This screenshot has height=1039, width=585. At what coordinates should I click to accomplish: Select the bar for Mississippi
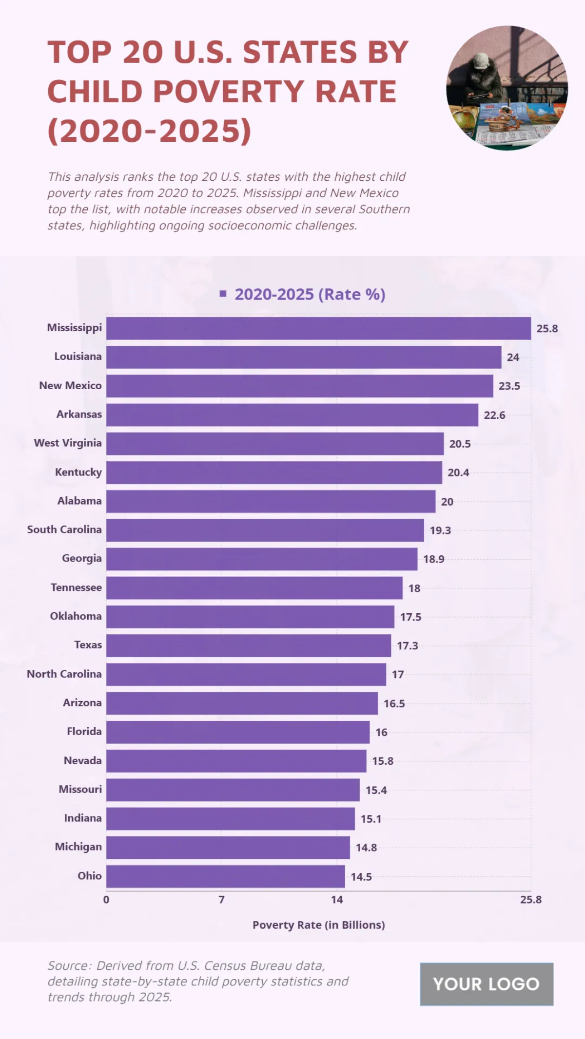318,328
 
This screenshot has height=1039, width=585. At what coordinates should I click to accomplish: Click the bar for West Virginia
275,444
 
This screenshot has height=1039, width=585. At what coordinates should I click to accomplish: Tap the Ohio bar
225,876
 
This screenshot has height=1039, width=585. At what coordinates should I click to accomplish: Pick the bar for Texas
249,645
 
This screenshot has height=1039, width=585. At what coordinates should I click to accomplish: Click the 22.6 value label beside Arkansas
494,415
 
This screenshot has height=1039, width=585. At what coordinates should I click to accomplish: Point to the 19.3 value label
440,530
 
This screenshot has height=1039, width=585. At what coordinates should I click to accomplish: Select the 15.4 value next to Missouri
376,790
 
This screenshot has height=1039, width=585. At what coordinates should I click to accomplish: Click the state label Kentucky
78,472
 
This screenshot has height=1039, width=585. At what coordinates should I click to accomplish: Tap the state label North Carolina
64,674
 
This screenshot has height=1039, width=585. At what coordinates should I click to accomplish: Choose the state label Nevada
83,760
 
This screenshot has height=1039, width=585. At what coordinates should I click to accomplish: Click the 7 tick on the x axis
221,900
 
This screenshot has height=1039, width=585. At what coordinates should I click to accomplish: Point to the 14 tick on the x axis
337,900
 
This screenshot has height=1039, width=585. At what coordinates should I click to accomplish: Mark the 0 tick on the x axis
106,900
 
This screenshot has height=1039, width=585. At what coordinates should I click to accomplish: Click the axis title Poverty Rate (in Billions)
318,925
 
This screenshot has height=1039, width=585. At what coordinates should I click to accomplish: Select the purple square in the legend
223,294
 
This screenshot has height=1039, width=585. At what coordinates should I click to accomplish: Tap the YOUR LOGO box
486,984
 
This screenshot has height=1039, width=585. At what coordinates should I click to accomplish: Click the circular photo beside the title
507,88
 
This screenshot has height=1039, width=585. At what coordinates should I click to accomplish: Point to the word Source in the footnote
69,965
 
